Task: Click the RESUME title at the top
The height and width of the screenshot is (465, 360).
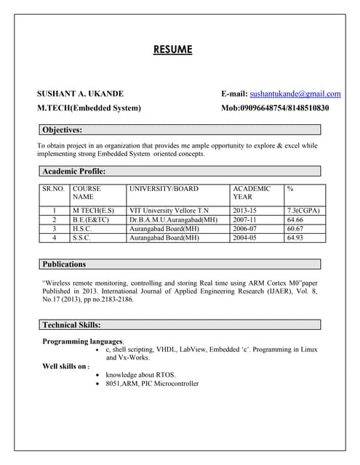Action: point(173,49)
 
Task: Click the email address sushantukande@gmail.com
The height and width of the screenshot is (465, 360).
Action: point(295,94)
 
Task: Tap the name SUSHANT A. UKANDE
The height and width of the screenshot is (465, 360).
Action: point(80,94)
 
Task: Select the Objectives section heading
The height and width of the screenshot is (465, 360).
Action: point(62,130)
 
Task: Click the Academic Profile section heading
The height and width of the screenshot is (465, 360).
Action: point(74,171)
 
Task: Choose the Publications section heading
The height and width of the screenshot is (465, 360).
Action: point(64,264)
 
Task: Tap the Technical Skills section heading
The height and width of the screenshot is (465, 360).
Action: point(71,325)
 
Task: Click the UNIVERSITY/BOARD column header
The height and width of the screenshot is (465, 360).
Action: point(163,189)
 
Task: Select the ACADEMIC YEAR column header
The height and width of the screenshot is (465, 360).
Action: point(251,193)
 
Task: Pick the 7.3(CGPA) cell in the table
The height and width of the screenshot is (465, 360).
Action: point(304,211)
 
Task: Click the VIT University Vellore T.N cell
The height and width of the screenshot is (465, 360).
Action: point(168,211)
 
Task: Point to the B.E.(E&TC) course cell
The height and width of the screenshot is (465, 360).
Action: point(91,219)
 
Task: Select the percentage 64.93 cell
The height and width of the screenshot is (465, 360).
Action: point(295,237)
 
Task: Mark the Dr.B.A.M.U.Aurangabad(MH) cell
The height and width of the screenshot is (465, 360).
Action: point(173,219)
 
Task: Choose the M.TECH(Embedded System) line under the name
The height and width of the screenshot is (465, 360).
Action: point(89,108)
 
